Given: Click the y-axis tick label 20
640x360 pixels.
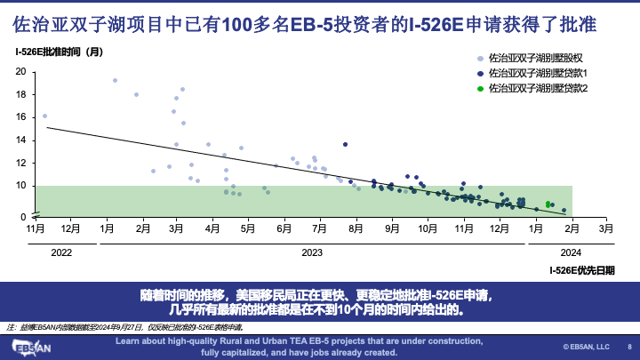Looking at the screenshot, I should [x=21, y=71].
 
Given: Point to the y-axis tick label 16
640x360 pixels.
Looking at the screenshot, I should [x=21, y=116].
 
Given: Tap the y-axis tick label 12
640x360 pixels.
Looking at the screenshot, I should [x=21, y=164].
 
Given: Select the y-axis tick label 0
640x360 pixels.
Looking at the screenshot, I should [x=24, y=216].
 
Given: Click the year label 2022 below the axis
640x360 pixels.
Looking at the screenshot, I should [x=61, y=253].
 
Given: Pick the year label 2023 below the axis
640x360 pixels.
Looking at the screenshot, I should [x=311, y=253].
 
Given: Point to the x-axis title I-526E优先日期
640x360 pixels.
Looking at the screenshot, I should [x=581, y=269].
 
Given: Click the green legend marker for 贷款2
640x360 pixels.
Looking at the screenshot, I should [x=481, y=88].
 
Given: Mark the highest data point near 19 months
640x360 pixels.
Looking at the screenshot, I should [x=115, y=81].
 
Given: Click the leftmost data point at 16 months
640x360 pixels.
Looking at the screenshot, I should [x=44, y=116].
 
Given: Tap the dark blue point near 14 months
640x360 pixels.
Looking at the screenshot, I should [x=345, y=144].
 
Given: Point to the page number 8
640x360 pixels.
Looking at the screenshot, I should [x=629, y=347].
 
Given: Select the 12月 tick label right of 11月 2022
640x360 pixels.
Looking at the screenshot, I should [x=70, y=228].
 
